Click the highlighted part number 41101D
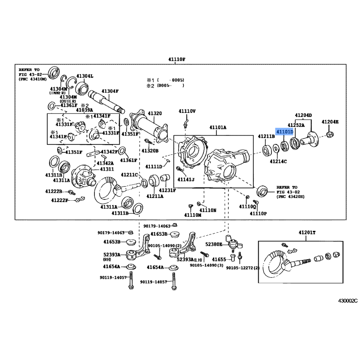point(284,132)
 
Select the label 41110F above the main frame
point(177,60)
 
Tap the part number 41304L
point(85,76)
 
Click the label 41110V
point(187,111)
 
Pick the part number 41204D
point(303,115)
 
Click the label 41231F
point(167,190)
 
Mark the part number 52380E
point(214,244)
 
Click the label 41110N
point(208,210)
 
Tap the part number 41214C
point(278,161)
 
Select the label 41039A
point(84,110)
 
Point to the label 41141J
point(185,179)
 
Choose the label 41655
point(219,259)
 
